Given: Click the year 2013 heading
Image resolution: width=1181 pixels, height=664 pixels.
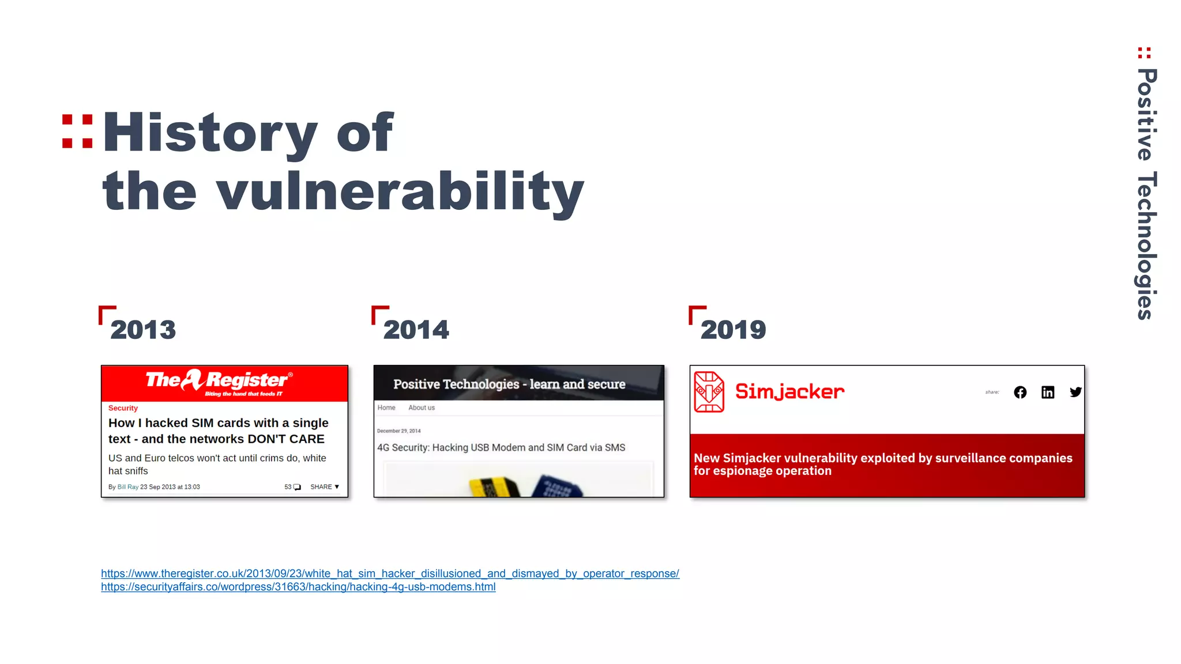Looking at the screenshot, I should click(143, 330).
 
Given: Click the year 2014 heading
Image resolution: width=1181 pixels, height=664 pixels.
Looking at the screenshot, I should click(416, 330).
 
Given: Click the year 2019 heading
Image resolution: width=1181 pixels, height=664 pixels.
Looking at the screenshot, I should click(733, 330).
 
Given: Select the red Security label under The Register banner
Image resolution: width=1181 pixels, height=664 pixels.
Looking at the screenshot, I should click(123, 408).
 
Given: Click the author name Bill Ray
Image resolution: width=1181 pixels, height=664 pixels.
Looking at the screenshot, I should click(128, 487).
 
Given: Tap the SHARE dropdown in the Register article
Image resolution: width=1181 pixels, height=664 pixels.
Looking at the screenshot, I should click(325, 487).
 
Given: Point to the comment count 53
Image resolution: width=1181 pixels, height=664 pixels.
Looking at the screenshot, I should click(288, 487).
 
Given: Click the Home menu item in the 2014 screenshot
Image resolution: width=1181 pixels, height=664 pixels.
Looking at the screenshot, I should click(386, 408).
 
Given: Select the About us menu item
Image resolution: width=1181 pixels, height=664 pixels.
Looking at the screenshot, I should click(422, 408).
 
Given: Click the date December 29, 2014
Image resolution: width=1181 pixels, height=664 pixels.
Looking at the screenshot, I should click(399, 431).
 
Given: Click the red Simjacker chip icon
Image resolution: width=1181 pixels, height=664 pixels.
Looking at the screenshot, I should click(709, 392).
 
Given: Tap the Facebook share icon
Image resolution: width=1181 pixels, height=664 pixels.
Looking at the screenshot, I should click(1020, 393).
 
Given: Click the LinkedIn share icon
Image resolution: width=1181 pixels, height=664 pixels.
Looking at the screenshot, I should click(1048, 393).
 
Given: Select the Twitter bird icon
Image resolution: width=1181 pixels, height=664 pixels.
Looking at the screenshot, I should click(1075, 393).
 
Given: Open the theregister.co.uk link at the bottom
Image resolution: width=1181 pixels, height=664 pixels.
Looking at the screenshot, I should click(390, 574).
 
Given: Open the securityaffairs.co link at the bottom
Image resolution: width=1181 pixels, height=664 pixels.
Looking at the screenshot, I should click(298, 587).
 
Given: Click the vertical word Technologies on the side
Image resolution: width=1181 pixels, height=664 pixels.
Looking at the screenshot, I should click(1146, 245).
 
